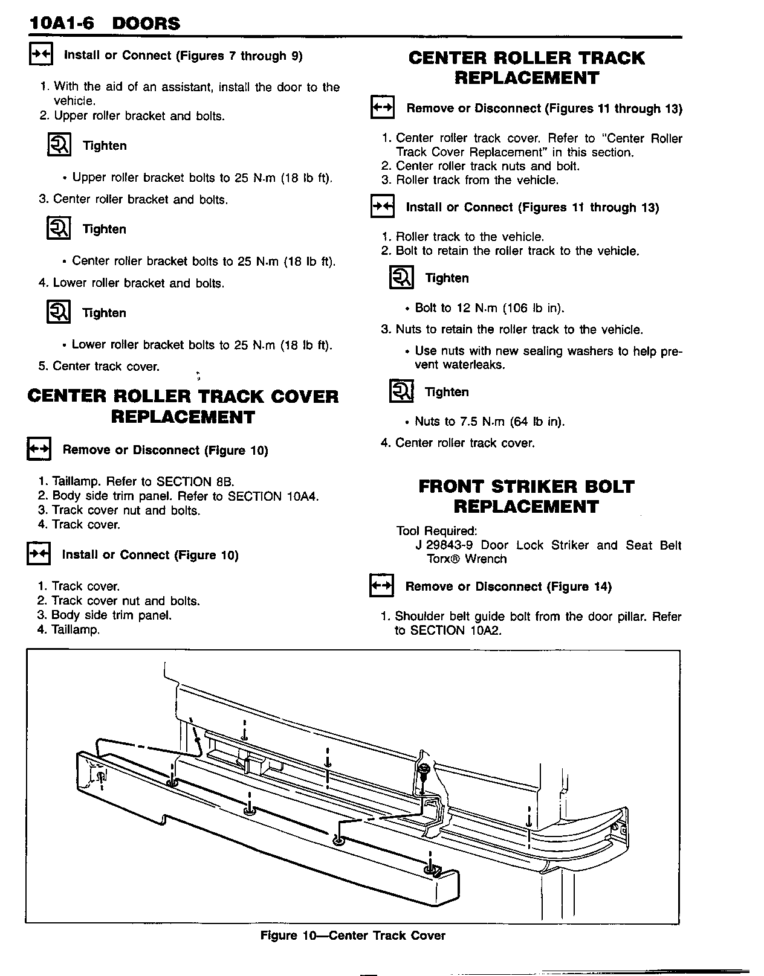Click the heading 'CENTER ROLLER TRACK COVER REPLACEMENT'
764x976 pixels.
tap(183, 406)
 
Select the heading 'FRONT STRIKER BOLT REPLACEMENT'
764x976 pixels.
tap(526, 496)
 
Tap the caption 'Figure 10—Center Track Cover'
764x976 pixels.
tap(352, 936)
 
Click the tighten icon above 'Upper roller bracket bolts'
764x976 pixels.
tap(59, 146)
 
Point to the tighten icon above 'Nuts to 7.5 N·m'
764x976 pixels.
tap(401, 392)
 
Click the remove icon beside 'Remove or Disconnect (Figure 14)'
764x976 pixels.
tap(381, 586)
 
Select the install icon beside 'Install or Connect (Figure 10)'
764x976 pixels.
tap(39, 554)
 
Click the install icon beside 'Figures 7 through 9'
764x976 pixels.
tap(42, 55)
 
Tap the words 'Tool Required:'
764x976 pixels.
tap(436, 531)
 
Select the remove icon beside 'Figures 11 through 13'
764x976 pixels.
tap(382, 108)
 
